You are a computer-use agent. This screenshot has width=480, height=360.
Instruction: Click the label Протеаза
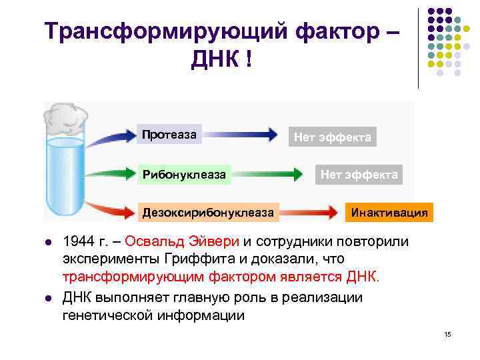point(169,135)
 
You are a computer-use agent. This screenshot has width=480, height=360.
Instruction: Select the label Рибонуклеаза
point(183,175)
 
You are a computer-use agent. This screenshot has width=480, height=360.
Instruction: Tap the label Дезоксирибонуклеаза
point(207,213)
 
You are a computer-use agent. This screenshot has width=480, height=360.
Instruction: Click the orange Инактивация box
point(389,213)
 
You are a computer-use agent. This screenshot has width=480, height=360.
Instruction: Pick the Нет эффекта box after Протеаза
point(333,137)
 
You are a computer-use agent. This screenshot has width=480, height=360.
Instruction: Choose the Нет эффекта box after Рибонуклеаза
point(359,175)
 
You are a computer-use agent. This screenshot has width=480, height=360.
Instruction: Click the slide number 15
point(447,333)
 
